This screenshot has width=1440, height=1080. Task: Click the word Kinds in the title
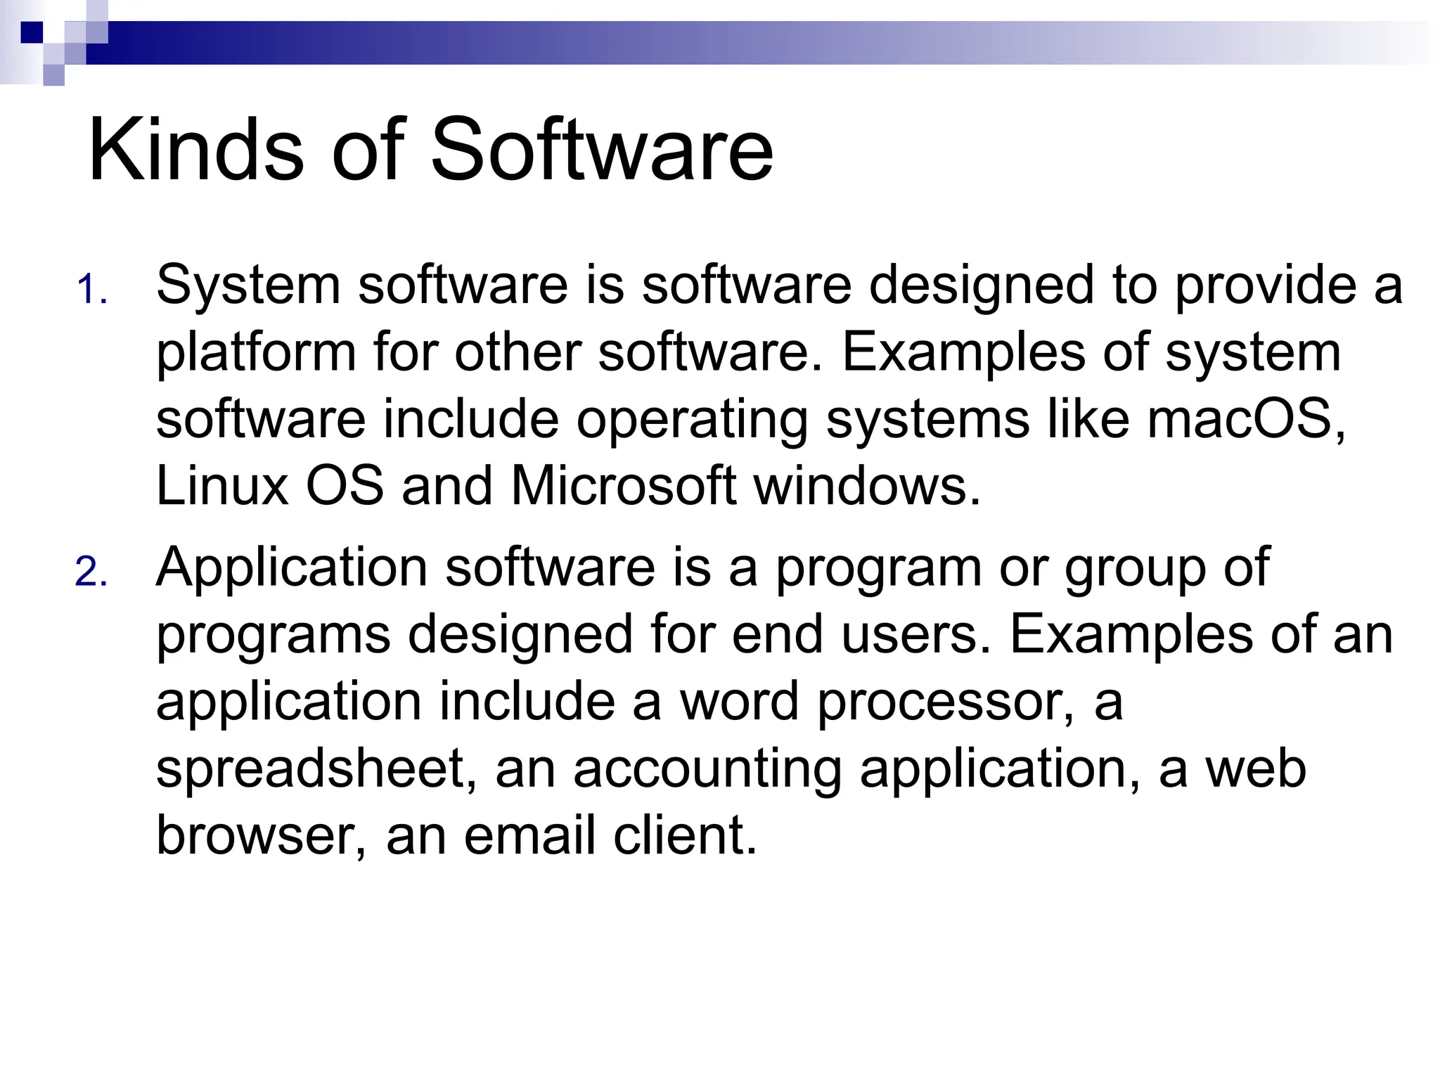(x=196, y=150)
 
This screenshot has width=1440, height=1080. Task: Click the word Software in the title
(x=602, y=150)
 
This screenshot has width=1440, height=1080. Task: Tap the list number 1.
(x=91, y=290)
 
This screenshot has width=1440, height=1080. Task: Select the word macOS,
(x=1246, y=419)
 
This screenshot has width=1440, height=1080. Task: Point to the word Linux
(x=222, y=486)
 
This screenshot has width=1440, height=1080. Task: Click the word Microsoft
(x=624, y=486)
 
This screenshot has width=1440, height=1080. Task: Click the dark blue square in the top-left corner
(x=32, y=32)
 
